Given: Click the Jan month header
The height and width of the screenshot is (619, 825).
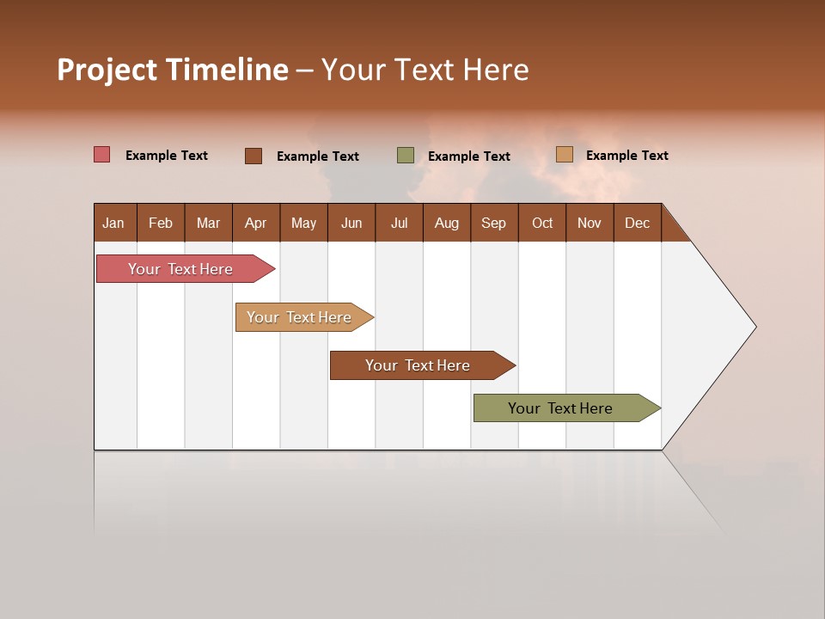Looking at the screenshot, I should tap(113, 223).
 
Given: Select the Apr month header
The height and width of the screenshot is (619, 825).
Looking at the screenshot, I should tap(255, 223).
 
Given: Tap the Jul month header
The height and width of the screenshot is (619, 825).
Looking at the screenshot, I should tap(399, 223).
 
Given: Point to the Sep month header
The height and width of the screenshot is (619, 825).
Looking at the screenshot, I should tap(493, 223).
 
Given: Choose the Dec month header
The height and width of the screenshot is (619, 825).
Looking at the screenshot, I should tap(637, 223).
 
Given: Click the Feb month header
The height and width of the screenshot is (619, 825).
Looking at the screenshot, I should tap(161, 223).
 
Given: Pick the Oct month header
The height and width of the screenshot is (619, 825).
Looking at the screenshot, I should tap(542, 223).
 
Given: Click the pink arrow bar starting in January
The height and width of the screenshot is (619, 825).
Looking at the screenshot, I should tap(181, 269).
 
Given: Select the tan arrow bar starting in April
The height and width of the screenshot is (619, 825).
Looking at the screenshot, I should tap(300, 317).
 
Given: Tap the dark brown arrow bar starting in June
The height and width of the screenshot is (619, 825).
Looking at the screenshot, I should tap(419, 365).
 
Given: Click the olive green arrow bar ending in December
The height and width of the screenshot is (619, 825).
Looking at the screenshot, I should tap(561, 408).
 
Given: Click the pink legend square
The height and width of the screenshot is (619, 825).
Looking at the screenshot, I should tap(102, 155).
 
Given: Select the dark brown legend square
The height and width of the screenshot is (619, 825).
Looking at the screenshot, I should tap(254, 156).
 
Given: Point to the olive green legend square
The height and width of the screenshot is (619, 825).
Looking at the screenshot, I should tap(406, 156).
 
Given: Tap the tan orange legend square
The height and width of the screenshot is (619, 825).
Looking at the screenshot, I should tap(565, 155).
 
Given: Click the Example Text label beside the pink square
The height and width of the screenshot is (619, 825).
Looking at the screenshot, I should tap(167, 156).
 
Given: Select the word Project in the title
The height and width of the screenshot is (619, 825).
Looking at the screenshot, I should tap(108, 70).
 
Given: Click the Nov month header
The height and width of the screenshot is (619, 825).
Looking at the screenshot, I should tap(590, 223).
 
